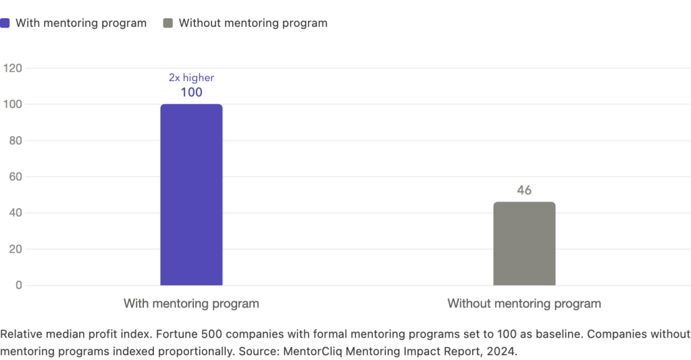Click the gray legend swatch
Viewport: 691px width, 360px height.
(x=168, y=24)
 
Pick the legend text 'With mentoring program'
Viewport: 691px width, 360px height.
(x=81, y=24)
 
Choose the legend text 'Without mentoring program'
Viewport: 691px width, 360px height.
(x=253, y=24)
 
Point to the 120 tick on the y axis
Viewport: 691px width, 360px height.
(x=14, y=68)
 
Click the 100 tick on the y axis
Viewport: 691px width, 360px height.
(x=14, y=105)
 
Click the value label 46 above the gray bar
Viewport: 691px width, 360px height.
(x=524, y=190)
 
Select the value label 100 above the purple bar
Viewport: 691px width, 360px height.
(x=191, y=93)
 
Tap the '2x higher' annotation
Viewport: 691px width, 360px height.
(x=191, y=78)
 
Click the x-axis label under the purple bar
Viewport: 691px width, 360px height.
(x=191, y=304)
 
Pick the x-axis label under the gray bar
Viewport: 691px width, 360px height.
(x=524, y=304)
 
